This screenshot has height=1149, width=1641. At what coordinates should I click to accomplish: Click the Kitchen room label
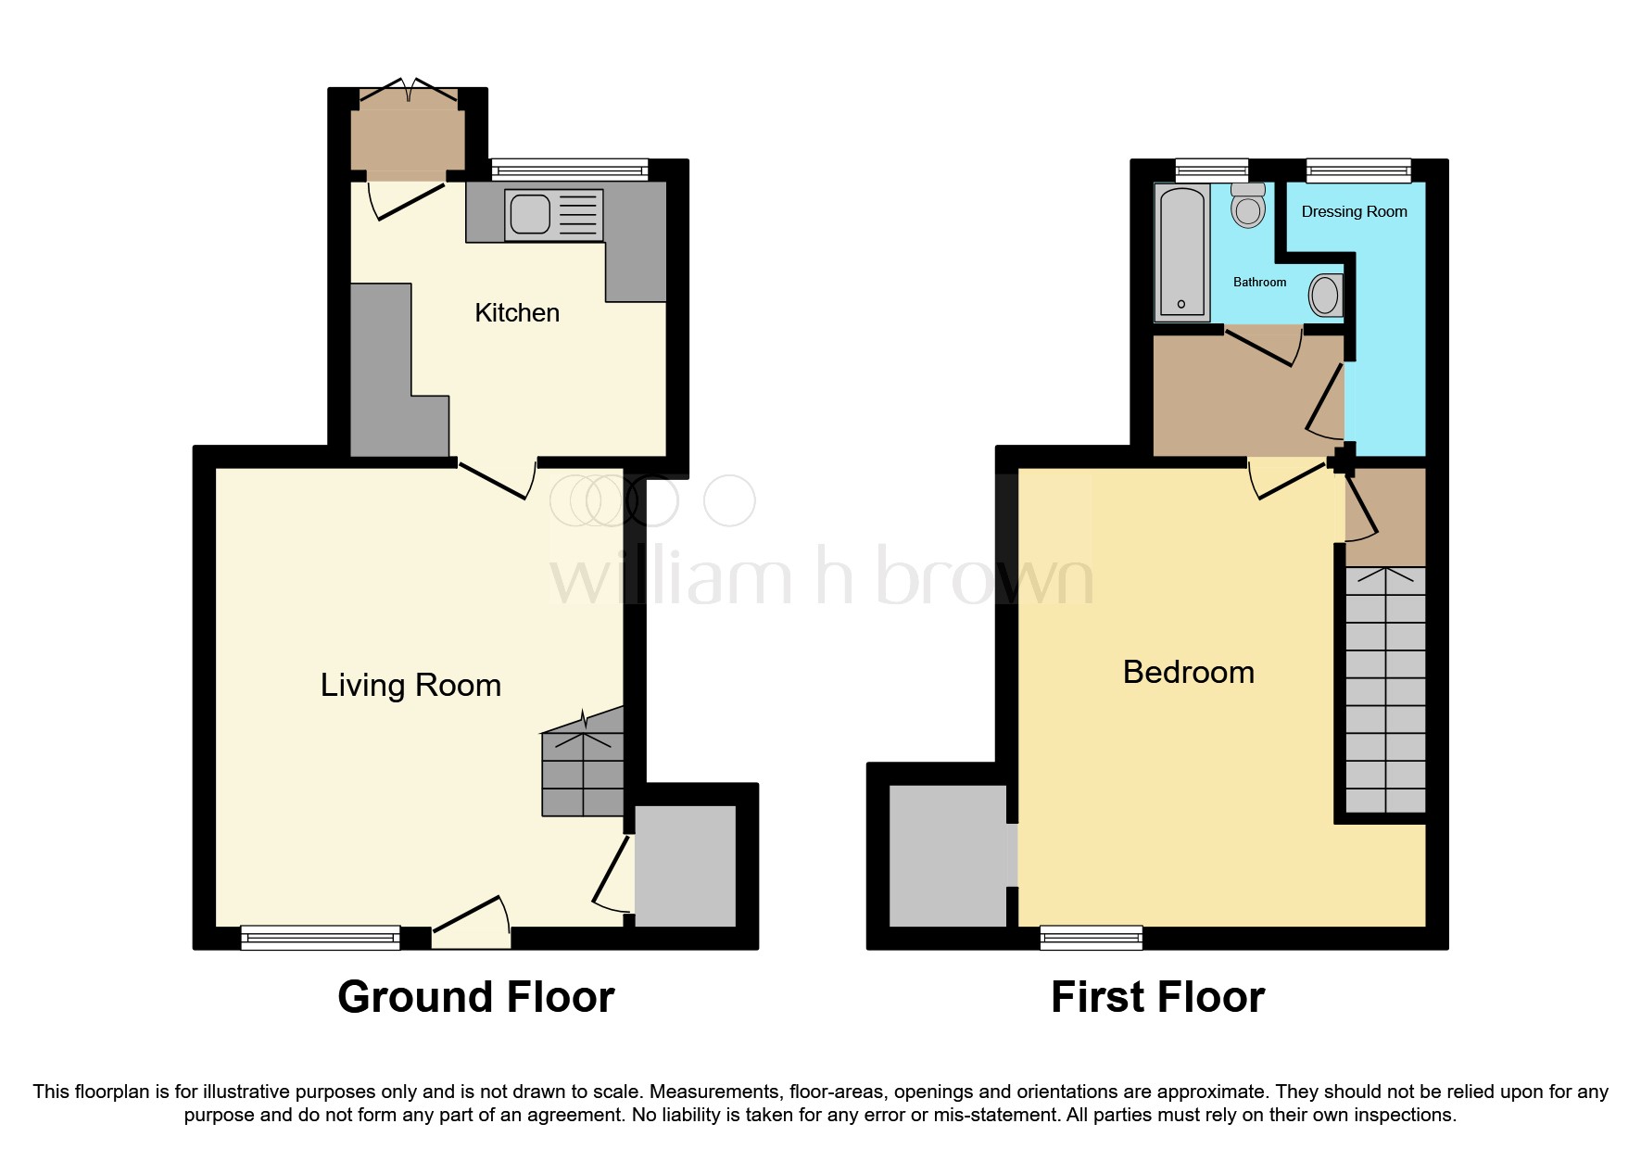coord(517,313)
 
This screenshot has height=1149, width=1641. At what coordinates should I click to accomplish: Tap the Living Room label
coord(410,686)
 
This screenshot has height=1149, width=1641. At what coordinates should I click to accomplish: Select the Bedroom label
coord(1188,673)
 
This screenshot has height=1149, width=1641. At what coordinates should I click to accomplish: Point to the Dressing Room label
coord(1354,212)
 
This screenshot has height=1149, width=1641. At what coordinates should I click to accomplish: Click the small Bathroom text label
coord(1259,283)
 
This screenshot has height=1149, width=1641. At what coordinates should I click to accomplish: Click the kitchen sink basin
coord(530,215)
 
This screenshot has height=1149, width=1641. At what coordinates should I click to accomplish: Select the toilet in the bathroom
coord(1248,206)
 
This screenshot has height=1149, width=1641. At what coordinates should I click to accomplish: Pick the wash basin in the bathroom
coord(1325,297)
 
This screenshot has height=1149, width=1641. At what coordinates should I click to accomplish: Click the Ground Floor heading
coord(475,998)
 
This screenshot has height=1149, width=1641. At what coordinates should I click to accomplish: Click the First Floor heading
coord(1157,998)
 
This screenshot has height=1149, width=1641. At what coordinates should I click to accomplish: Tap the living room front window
coord(320,938)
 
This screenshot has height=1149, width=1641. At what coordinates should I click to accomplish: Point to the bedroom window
coord(1091,938)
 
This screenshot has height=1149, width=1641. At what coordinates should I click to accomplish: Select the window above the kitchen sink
coord(569,170)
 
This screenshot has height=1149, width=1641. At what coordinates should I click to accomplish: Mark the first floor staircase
coord(1385,690)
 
